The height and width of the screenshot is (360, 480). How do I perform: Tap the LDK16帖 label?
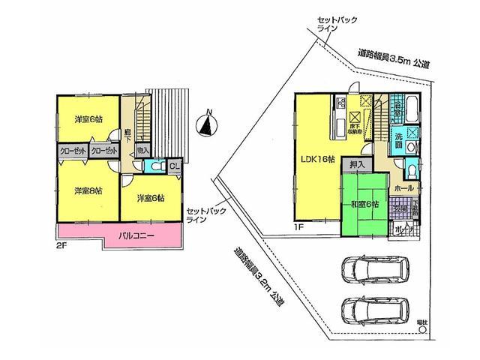coord(317,159)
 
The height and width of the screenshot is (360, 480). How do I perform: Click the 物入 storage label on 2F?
coord(142,151)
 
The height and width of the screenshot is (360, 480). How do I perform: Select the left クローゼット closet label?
coord(71,151)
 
